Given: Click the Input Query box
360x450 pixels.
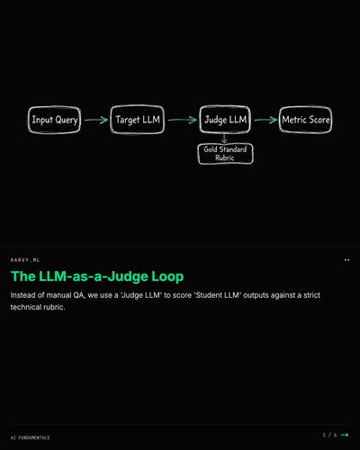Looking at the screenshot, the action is (54, 120).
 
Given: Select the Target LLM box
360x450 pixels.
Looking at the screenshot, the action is (138, 120).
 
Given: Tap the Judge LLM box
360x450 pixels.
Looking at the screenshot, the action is (225, 120).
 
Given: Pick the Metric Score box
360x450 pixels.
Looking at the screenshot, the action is (305, 120).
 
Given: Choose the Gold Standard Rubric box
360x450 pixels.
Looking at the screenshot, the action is (225, 154).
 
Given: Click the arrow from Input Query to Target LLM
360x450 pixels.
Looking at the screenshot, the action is (96, 120).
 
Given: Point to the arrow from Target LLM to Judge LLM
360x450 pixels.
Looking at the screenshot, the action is (183, 120).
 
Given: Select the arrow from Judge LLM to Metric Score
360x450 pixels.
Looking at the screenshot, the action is (265, 120).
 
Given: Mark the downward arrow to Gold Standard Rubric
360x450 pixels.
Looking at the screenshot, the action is (224, 139).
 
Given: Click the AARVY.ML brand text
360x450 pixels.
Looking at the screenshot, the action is (25, 260).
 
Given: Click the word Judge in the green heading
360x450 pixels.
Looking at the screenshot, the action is (128, 276).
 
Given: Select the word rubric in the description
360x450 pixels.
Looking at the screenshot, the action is (54, 307).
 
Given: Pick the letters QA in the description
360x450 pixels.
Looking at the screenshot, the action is (79, 295).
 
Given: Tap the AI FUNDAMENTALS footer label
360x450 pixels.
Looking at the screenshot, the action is (31, 437).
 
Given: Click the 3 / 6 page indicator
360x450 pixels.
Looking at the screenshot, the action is (329, 435).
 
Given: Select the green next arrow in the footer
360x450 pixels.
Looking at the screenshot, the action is (345, 435).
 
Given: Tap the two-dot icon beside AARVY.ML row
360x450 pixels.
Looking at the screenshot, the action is (346, 260).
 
